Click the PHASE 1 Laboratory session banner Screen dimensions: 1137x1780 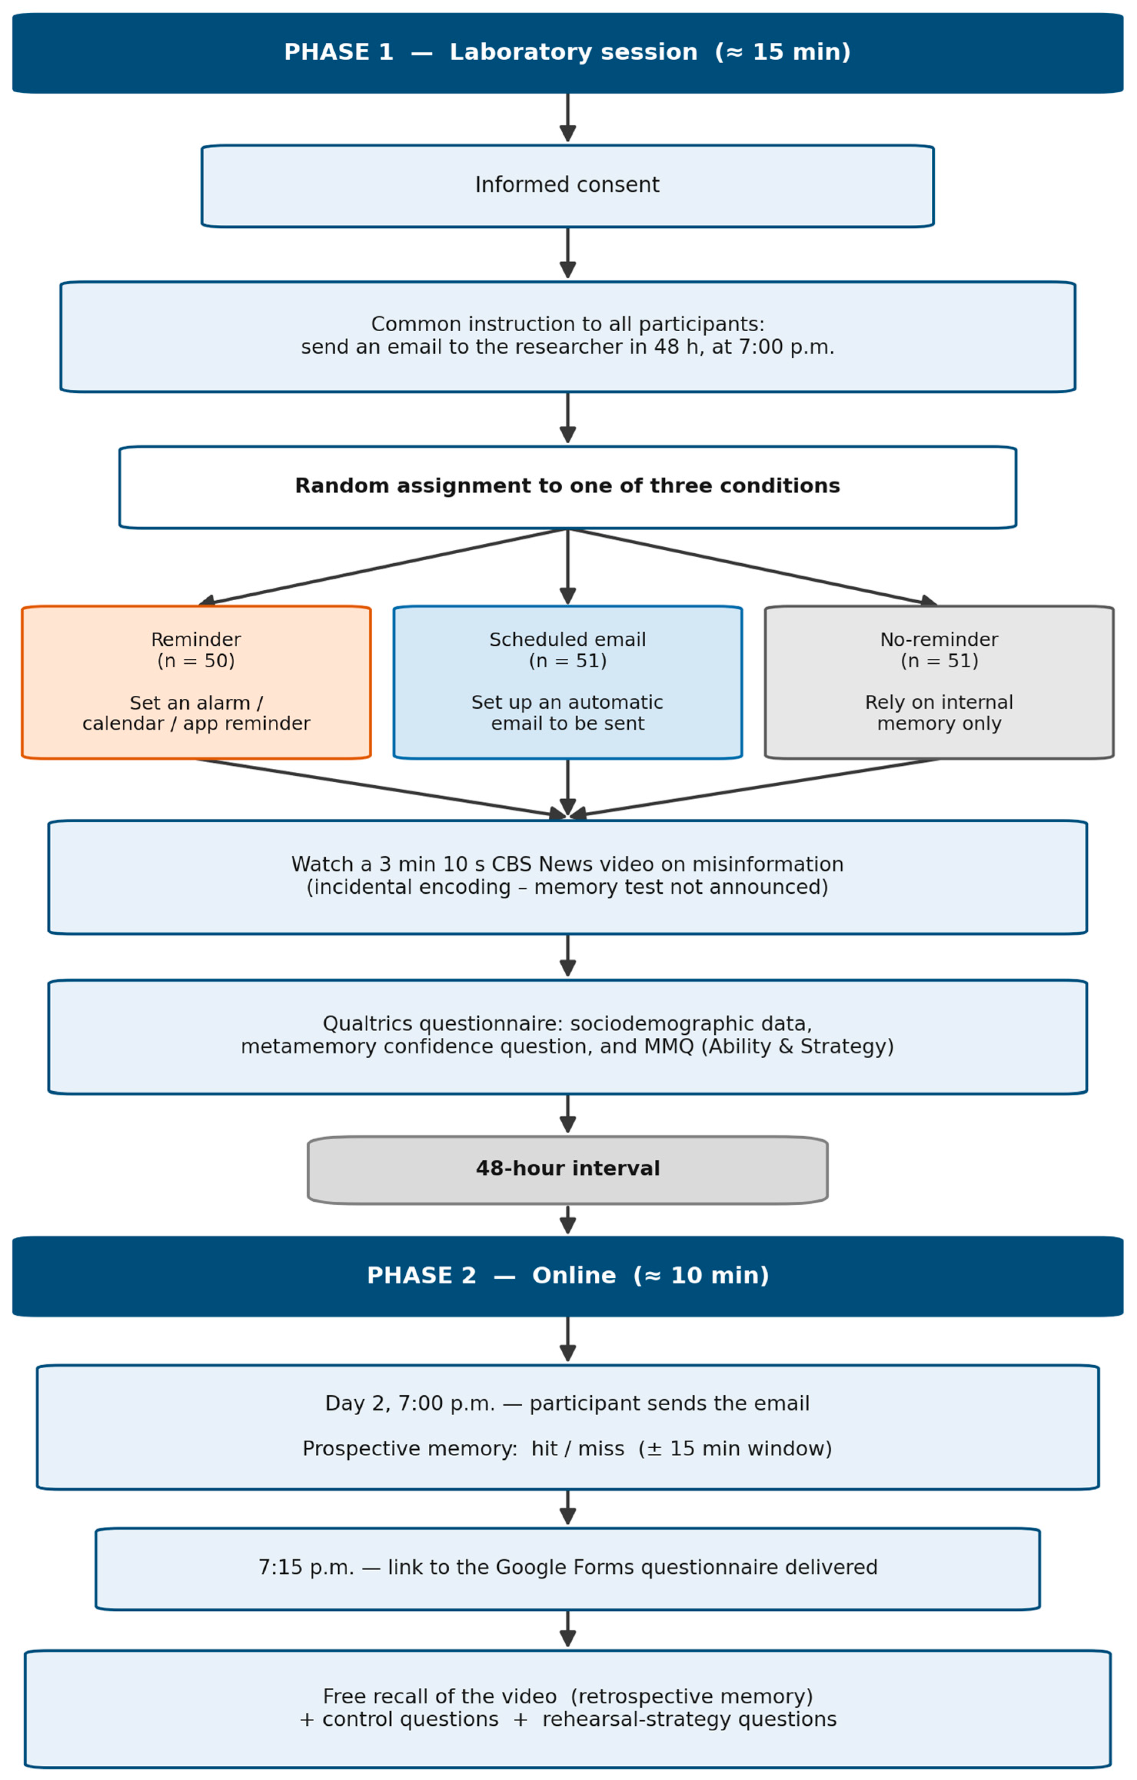click(568, 52)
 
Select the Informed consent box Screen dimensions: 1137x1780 click(568, 185)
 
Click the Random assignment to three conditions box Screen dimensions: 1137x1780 click(568, 487)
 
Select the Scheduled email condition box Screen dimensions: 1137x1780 click(568, 682)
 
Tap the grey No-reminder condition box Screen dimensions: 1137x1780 click(939, 682)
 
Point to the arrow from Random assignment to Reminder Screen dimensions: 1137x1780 click(383, 567)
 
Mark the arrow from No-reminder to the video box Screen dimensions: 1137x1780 click(754, 788)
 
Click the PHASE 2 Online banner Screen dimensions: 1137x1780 click(568, 1276)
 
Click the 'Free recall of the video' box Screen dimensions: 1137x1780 click(568, 1708)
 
